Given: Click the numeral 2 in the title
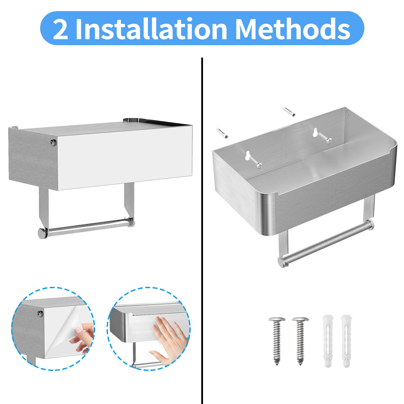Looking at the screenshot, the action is coord(61,29).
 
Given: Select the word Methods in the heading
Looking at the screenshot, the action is coord(293,29).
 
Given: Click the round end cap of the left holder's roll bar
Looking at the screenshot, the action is coord(42,233).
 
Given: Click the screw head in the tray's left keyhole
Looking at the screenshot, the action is coord(259,165).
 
